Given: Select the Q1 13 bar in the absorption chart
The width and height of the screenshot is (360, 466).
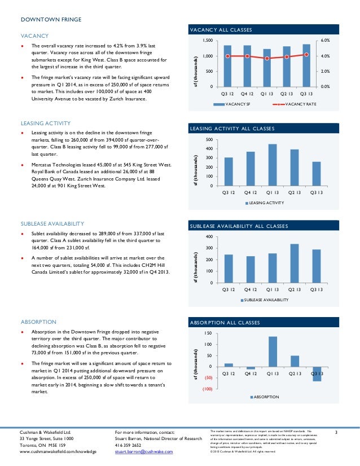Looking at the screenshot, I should pyautogui.click(x=273, y=353).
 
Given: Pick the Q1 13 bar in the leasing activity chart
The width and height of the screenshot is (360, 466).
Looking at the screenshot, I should pyautogui.click(x=273, y=165).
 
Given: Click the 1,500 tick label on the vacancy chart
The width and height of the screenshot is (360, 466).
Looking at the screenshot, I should pyautogui.click(x=208, y=41).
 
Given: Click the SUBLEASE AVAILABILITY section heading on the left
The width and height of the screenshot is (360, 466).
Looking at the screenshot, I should pyautogui.click(x=52, y=223).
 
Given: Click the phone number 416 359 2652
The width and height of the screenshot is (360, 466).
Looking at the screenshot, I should pyautogui.click(x=128, y=445).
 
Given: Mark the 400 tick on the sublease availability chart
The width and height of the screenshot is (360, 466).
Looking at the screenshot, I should pyautogui.click(x=210, y=237).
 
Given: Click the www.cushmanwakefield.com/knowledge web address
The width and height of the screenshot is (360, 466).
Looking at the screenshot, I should pyautogui.click(x=55, y=452).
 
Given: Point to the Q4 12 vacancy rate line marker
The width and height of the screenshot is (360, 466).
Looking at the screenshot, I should pyautogui.click(x=248, y=56).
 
